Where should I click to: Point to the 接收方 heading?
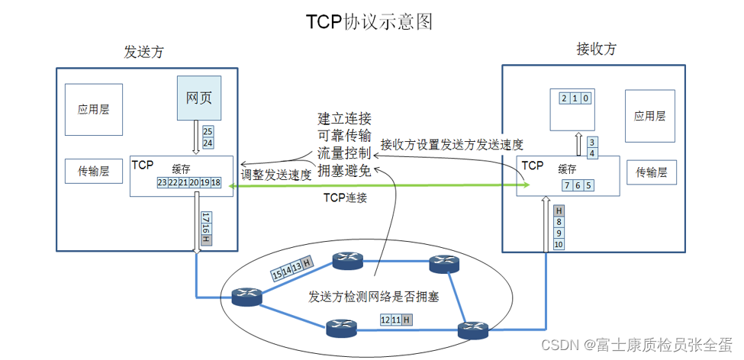(x=596, y=49)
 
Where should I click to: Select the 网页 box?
(x=199, y=98)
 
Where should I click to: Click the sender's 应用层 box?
(x=93, y=109)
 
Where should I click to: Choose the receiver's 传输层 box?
(x=652, y=173)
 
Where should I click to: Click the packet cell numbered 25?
(x=208, y=132)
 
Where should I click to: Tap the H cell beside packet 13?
(x=306, y=264)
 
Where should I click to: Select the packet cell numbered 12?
(x=385, y=320)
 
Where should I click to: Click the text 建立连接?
(x=344, y=120)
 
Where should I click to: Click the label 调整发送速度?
(x=275, y=175)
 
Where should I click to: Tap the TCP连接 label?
(x=346, y=199)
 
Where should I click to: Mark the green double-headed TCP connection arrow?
(x=382, y=185)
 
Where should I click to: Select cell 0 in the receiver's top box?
(x=585, y=98)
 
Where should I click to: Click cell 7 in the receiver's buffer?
(x=567, y=185)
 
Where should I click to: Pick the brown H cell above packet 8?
(x=559, y=211)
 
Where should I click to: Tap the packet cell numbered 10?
(x=559, y=244)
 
